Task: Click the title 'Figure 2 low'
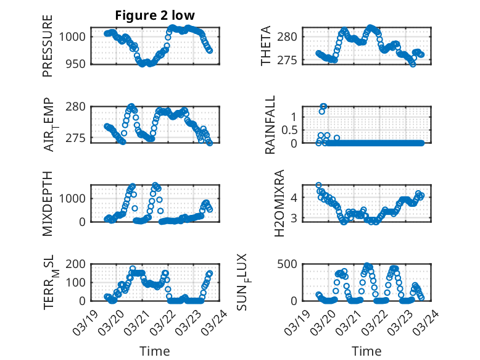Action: click(x=154, y=16)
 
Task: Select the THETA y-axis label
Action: click(x=266, y=46)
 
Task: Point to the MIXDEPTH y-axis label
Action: click(x=48, y=203)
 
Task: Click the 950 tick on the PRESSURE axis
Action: click(x=77, y=64)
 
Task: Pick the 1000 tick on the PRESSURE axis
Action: click(x=74, y=36)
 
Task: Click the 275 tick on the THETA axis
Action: click(x=291, y=60)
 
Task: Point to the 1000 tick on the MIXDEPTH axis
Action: click(x=74, y=198)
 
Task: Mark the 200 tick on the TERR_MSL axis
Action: click(x=77, y=264)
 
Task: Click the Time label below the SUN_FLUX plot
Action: click(x=366, y=351)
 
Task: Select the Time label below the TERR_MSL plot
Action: click(x=154, y=351)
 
